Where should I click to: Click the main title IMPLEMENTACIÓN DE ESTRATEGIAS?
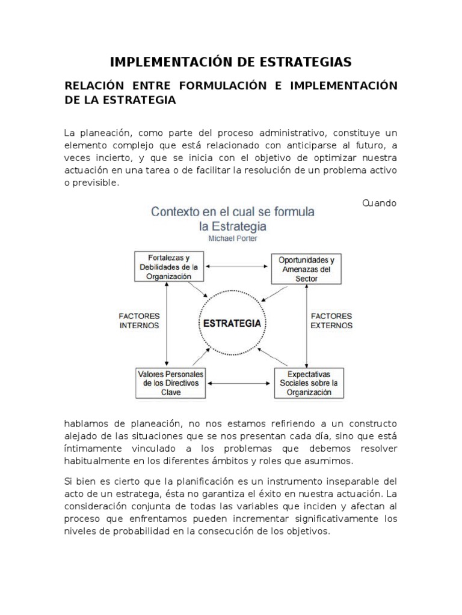[x=231, y=62]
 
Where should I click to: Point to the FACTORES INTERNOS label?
[x=139, y=321]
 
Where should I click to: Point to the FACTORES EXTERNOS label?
[x=331, y=321]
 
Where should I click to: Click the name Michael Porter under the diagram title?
[x=232, y=238]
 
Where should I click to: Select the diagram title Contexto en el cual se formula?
[x=232, y=212]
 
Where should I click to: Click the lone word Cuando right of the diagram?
[x=379, y=203]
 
